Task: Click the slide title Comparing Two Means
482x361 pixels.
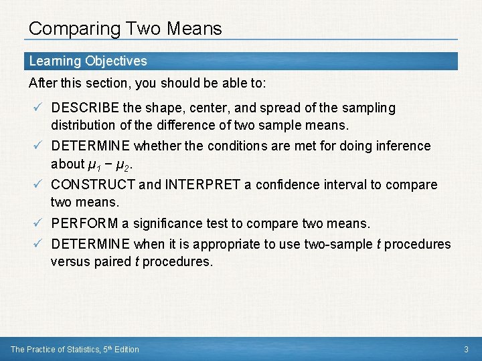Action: [125, 29]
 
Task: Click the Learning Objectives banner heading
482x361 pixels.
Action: [88, 61]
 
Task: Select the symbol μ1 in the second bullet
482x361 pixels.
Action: [96, 164]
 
